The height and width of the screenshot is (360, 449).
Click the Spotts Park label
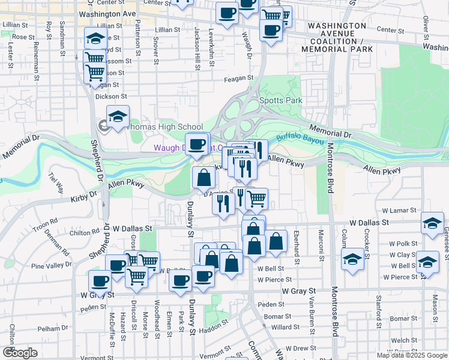point(280,101)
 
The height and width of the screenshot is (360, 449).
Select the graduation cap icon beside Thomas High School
point(118,117)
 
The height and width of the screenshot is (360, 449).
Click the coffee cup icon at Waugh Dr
point(197,144)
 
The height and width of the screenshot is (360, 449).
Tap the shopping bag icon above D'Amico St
point(203,178)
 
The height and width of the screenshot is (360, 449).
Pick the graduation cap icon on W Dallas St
point(432,223)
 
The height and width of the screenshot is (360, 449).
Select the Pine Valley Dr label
point(51,265)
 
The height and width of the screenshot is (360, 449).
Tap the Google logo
point(20,353)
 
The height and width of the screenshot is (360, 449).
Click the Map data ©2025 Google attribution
point(412,355)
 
